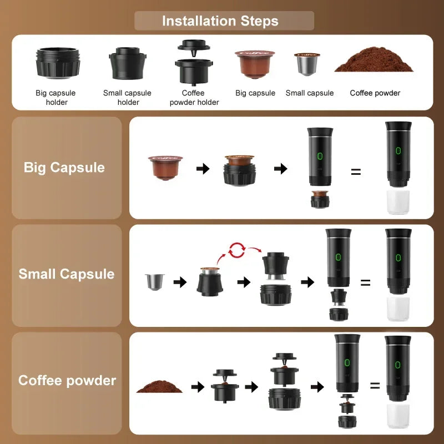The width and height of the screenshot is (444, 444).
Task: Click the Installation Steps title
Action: (x=220, y=21)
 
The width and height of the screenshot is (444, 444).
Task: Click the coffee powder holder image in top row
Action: (x=193, y=63)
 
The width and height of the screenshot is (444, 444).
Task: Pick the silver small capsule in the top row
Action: (x=306, y=65)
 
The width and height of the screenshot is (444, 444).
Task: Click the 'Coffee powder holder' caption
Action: (x=194, y=98)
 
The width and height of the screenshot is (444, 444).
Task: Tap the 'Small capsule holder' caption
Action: (x=127, y=98)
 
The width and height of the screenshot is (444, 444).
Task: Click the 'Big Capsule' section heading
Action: (x=64, y=168)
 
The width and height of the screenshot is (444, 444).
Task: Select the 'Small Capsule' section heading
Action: (x=67, y=274)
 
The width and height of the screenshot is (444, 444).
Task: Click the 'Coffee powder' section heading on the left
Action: (x=67, y=381)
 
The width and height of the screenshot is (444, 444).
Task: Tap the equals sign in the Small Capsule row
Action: (x=365, y=282)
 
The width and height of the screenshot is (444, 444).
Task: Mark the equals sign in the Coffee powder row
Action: (x=375, y=385)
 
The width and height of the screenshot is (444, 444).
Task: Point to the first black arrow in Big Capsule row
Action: (x=203, y=169)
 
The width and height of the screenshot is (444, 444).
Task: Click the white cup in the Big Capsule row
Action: (x=398, y=201)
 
